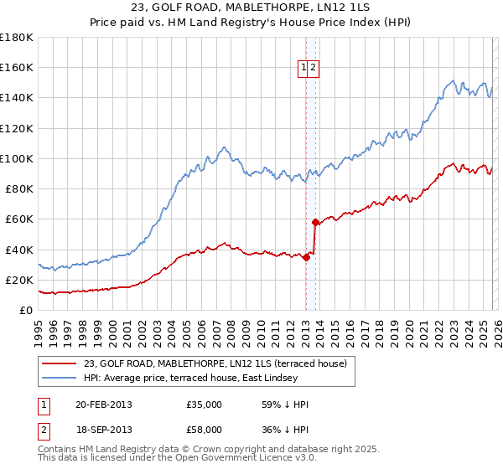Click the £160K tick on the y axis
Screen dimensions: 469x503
pyautogui.click(x=17, y=68)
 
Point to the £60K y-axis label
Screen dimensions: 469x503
pyautogui.click(x=19, y=219)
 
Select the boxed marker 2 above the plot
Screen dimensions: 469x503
pyautogui.click(x=313, y=69)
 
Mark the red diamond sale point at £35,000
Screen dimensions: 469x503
pyautogui.click(x=306, y=257)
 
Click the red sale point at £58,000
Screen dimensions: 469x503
pyautogui.click(x=315, y=222)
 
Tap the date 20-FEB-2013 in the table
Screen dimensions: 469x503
pyautogui.click(x=103, y=405)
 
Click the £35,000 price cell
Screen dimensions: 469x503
pyautogui.click(x=205, y=405)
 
